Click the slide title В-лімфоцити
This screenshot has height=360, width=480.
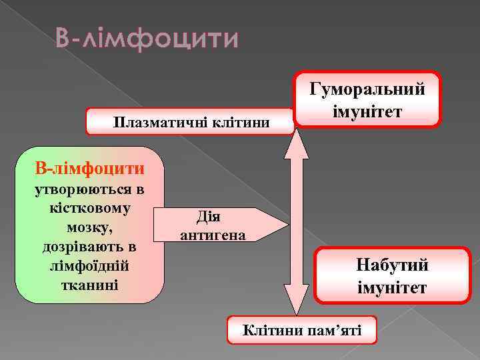pyautogui.click(x=147, y=39)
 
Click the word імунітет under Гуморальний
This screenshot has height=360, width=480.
pyautogui.click(x=367, y=110)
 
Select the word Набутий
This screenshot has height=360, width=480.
pyautogui.click(x=393, y=265)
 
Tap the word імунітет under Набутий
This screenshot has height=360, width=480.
pyautogui.click(x=393, y=288)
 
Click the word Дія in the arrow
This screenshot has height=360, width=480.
pyautogui.click(x=209, y=217)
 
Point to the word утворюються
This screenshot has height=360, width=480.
pyautogui.click(x=90, y=189)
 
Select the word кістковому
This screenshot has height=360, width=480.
pyautogui.click(x=90, y=208)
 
